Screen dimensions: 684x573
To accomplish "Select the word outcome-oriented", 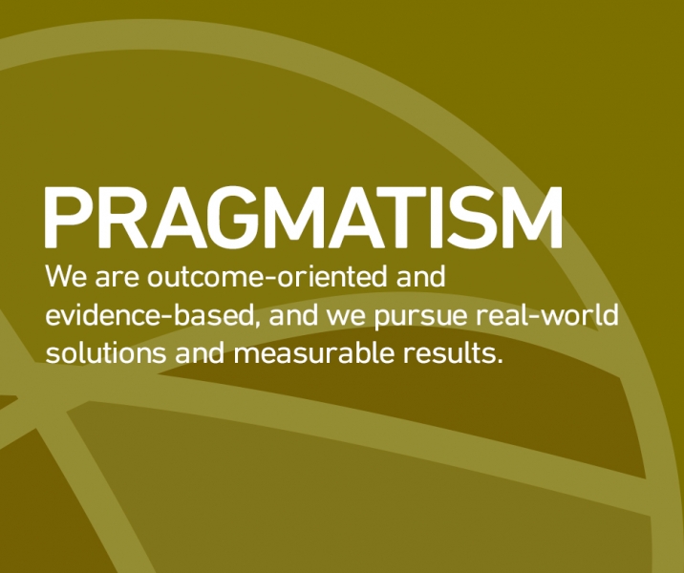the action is pyautogui.click(x=267, y=276).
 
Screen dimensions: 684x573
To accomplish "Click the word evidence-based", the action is pyautogui.click(x=149, y=315).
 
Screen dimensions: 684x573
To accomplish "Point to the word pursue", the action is pyautogui.click(x=420, y=318).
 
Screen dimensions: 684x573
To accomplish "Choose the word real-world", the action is pyautogui.click(x=547, y=314).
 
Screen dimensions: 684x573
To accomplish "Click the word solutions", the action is pyautogui.click(x=106, y=352).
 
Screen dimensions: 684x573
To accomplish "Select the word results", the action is pyautogui.click(x=449, y=352).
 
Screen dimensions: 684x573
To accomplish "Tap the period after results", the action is pyautogui.click(x=500, y=362).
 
